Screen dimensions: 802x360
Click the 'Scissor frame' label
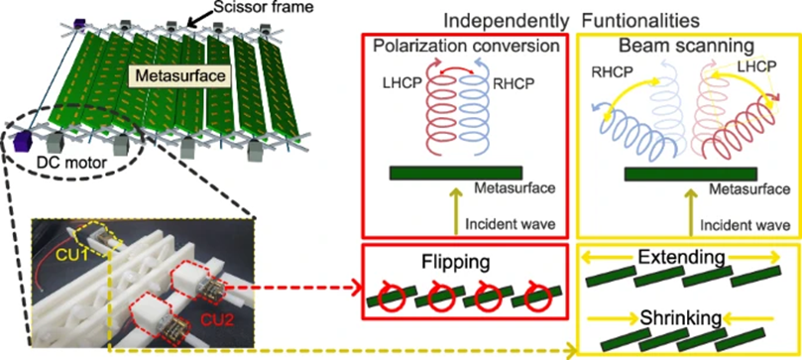point(238,8)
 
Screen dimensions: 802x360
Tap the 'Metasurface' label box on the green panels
point(174,76)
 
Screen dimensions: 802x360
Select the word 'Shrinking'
point(681,318)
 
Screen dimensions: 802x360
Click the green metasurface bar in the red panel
point(456,173)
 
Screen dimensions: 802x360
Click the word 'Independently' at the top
point(507,21)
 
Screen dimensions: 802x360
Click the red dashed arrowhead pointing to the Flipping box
point(353,288)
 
